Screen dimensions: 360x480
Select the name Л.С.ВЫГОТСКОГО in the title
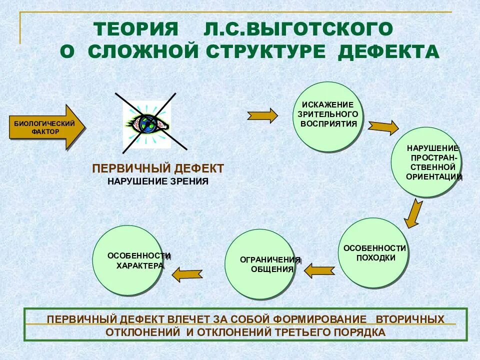click(298, 29)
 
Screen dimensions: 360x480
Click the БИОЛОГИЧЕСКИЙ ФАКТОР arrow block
click(46, 127)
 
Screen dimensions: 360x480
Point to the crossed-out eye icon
click(147, 123)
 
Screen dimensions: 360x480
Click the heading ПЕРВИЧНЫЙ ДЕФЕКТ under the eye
click(158, 168)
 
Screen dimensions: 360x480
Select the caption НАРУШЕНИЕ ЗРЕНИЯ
click(157, 181)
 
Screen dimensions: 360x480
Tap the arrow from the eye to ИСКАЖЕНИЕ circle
click(262, 115)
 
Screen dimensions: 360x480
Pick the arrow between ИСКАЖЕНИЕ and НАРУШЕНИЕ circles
click(383, 127)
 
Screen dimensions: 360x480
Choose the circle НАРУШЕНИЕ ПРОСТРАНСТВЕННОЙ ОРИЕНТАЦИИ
click(425, 162)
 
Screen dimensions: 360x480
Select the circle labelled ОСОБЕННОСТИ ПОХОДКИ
click(373, 253)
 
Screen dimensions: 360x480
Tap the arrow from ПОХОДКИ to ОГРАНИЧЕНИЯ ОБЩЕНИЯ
click(319, 270)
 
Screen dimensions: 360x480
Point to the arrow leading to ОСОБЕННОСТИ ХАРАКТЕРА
click(187, 273)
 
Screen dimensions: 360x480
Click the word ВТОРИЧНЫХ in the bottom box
click(409, 318)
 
